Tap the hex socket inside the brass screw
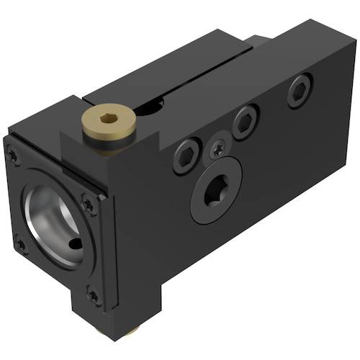click(108, 120)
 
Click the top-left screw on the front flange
click(13, 153)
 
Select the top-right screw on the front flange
click(89, 205)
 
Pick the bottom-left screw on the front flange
click(20, 245)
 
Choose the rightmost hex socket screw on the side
click(299, 91)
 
